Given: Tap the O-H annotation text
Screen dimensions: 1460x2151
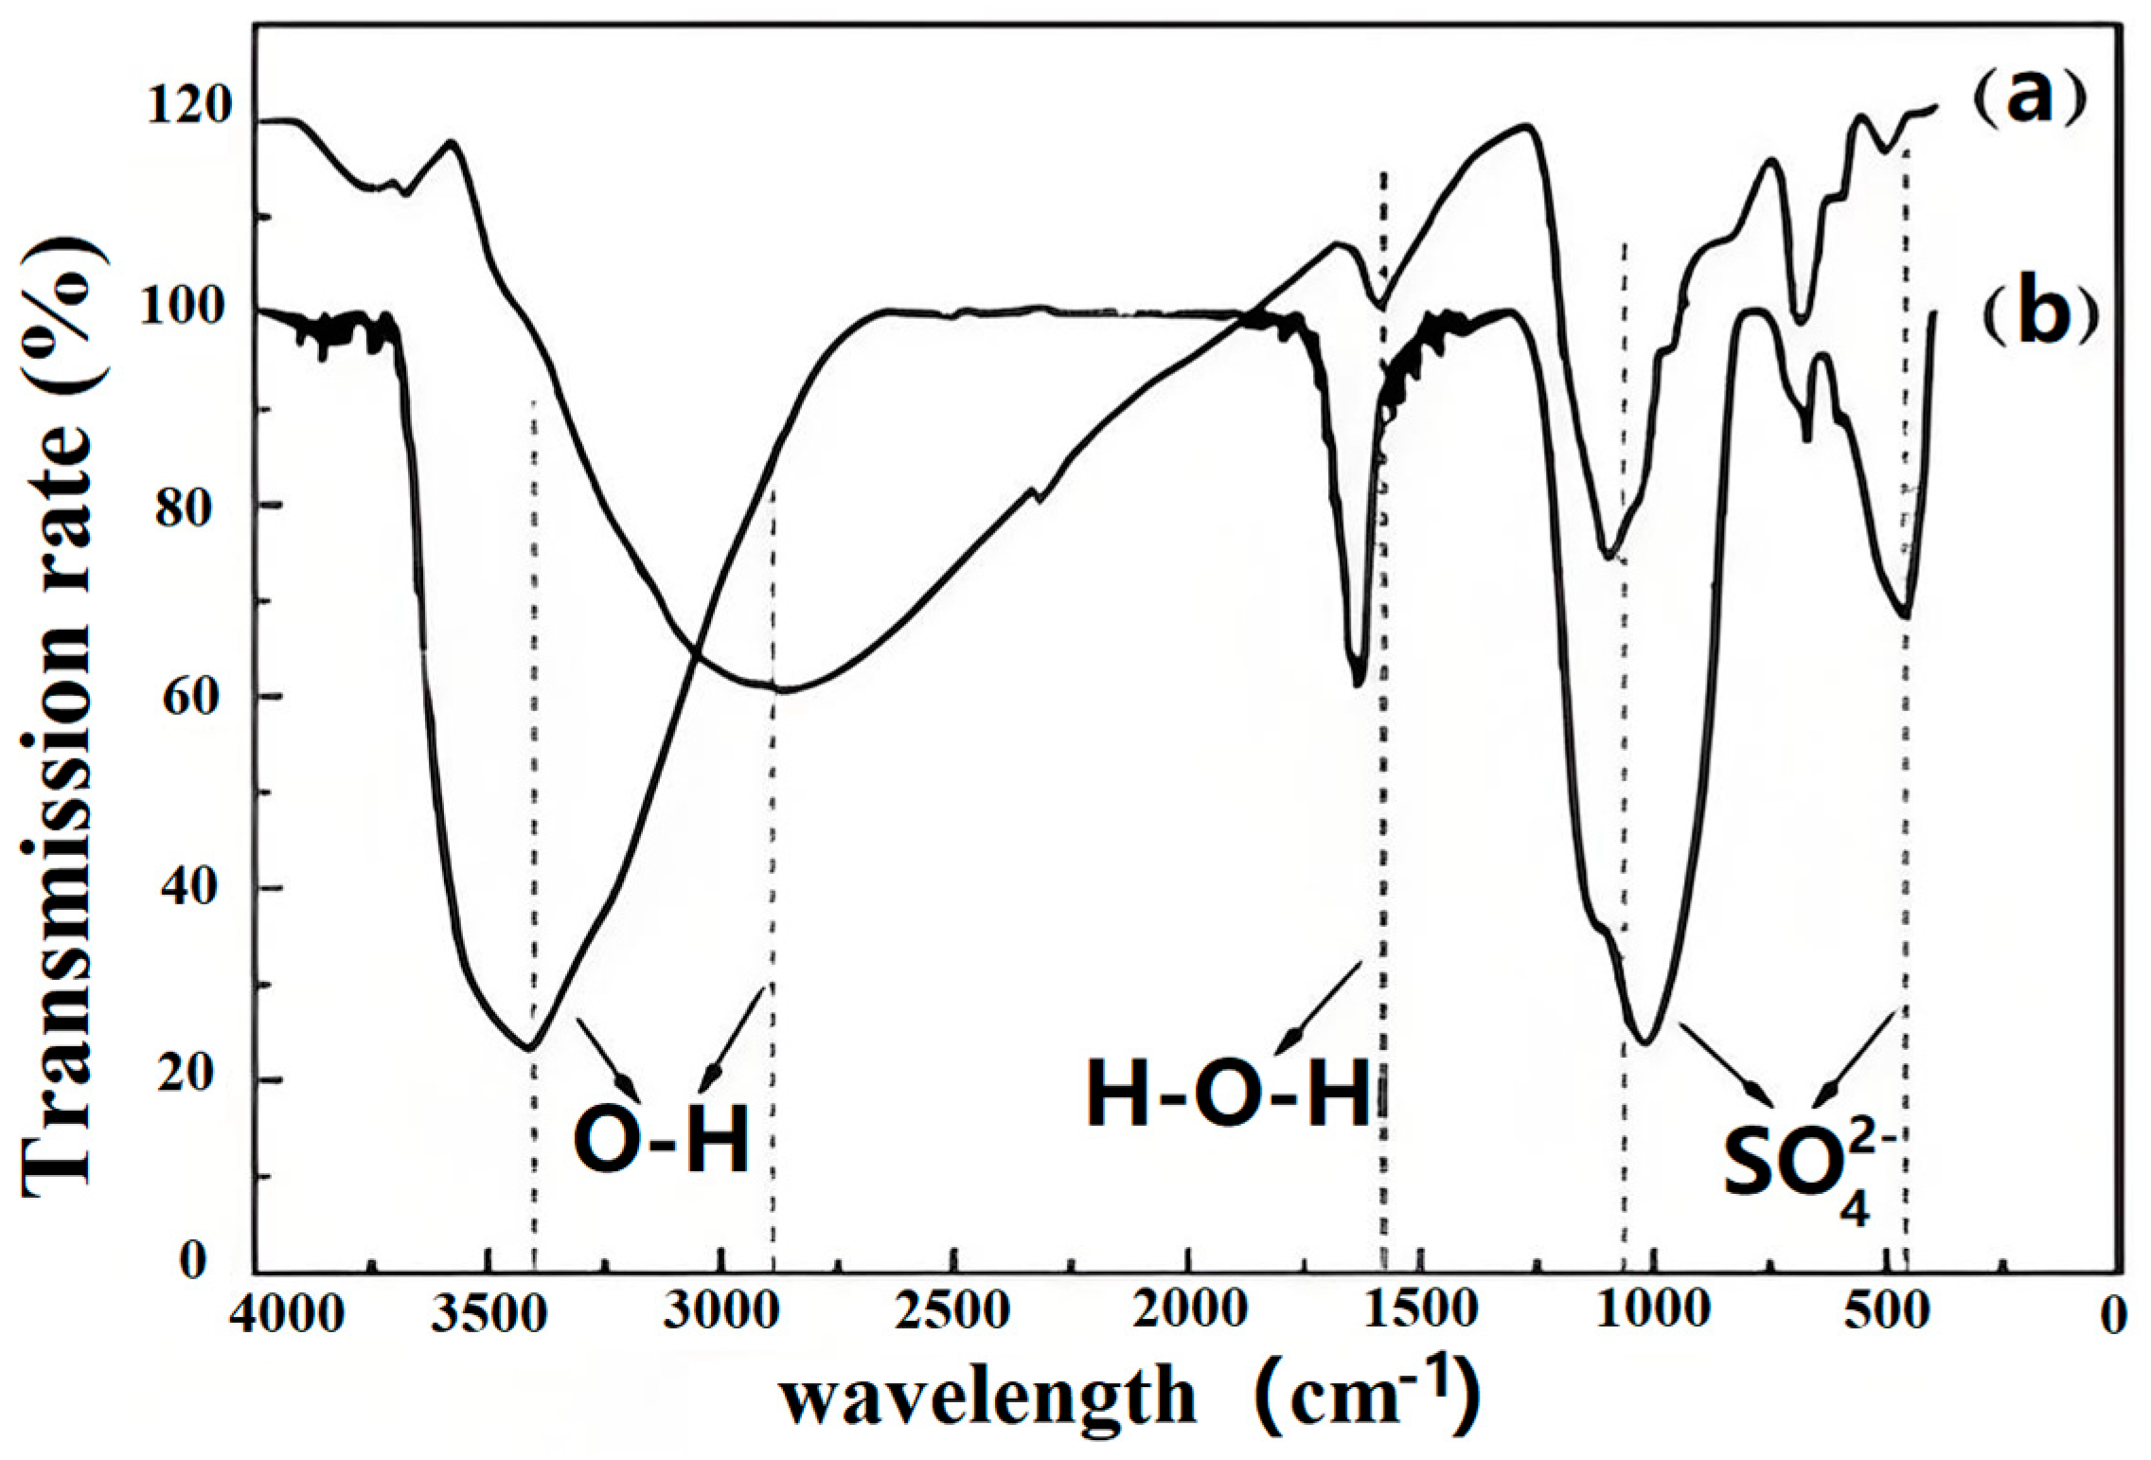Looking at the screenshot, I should [x=662, y=1141].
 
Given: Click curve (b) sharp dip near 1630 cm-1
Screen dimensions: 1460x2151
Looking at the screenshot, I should [x=1358, y=682].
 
